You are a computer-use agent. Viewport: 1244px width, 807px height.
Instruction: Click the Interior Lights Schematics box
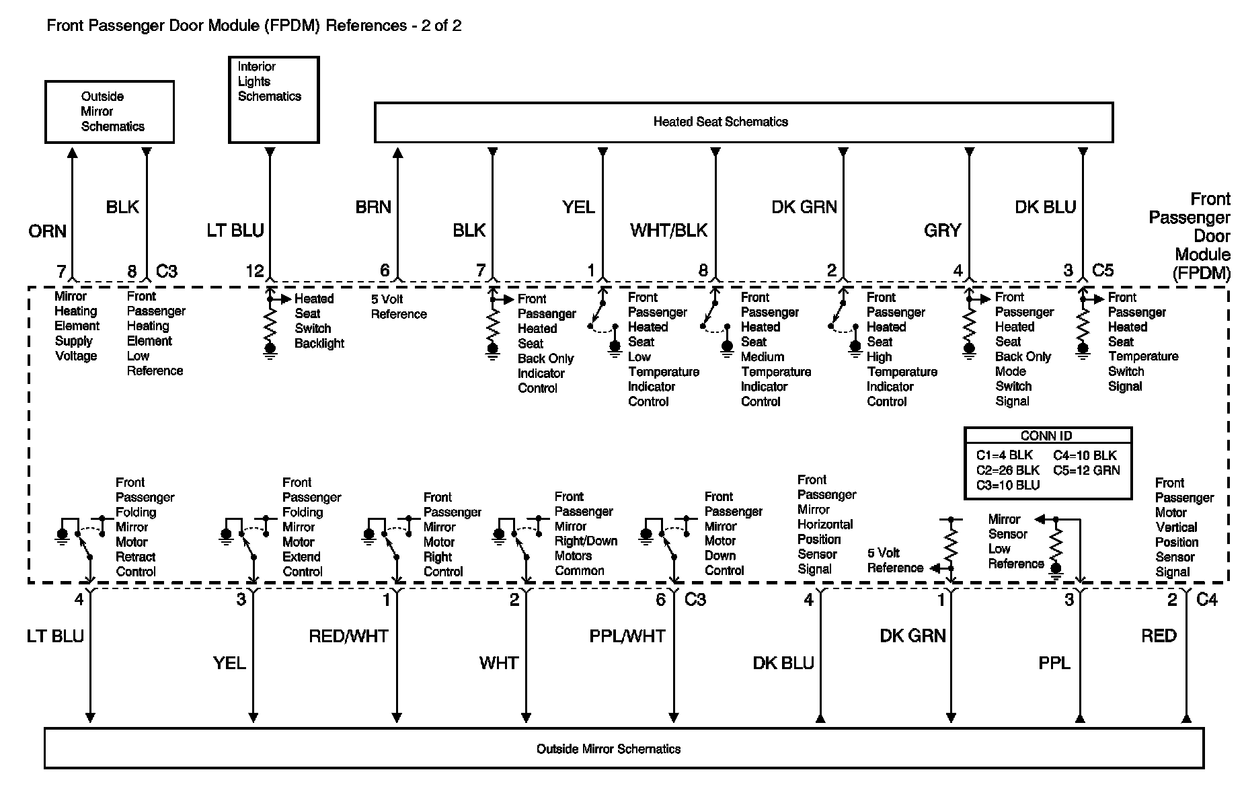(273, 100)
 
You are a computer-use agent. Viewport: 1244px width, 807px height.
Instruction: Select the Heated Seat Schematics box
(743, 122)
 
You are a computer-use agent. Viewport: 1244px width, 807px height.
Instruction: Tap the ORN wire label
(47, 231)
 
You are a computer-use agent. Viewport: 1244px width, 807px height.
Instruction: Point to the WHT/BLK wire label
(668, 231)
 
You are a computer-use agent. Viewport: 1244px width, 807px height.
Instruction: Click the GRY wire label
(942, 231)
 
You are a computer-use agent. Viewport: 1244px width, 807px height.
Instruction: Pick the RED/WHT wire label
(348, 636)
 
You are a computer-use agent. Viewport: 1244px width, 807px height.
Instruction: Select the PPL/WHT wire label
(627, 636)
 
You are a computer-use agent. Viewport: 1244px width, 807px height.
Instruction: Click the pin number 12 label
(254, 271)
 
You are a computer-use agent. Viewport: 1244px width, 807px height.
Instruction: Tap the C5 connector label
(1103, 270)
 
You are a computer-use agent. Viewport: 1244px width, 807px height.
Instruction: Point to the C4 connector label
(1207, 599)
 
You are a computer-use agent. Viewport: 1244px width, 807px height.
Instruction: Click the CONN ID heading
(1046, 436)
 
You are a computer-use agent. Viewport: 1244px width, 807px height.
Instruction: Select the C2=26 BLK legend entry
(1007, 470)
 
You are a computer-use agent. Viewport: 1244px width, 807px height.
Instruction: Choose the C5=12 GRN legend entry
(1086, 470)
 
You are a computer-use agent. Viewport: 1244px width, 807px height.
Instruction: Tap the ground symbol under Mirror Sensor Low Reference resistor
(1056, 571)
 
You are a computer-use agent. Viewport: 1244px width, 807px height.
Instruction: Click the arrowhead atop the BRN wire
(398, 154)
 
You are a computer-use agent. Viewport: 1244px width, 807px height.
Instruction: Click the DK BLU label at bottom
(783, 664)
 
